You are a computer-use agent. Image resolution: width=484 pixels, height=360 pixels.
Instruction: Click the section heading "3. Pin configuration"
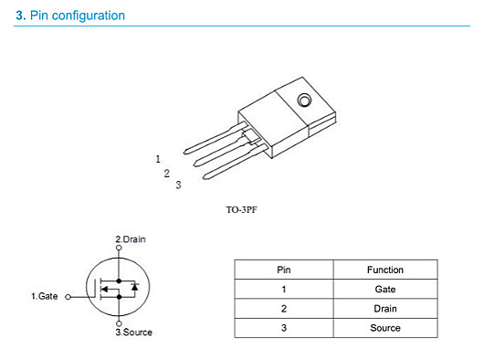[x=70, y=16]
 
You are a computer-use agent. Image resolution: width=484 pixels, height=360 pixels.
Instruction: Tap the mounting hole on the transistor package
[x=304, y=100]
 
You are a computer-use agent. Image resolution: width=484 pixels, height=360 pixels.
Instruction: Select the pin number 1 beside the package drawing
[x=158, y=159]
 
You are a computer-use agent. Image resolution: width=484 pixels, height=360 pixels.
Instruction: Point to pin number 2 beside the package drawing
[x=167, y=174]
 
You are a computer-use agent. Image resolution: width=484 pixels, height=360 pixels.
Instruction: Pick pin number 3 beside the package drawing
[x=178, y=185]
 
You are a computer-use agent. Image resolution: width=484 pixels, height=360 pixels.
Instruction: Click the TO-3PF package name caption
[x=241, y=210]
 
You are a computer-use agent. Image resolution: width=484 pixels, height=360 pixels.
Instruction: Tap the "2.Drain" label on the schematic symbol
[x=131, y=239]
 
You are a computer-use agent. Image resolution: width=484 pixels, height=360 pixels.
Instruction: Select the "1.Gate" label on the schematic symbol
[x=45, y=296]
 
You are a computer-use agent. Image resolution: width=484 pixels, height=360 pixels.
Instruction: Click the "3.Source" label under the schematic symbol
[x=134, y=333]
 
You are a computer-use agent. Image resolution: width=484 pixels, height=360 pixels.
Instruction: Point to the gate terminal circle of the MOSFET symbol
[x=68, y=297]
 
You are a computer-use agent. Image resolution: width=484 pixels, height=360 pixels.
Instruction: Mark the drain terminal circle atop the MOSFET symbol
[x=119, y=248]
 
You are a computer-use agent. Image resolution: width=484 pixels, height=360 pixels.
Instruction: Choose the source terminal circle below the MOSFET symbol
[x=119, y=323]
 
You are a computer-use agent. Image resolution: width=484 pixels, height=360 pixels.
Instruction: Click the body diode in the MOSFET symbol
[x=134, y=287]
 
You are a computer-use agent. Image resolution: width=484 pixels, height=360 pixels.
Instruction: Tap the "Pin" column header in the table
[x=284, y=270]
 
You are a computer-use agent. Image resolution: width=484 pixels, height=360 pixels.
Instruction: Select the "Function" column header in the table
[x=385, y=270]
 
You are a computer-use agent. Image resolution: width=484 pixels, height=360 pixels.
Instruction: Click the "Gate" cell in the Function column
[x=385, y=290]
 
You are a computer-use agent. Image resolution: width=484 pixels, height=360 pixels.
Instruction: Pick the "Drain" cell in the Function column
[x=385, y=309]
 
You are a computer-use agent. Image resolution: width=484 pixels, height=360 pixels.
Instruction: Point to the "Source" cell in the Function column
[x=385, y=328]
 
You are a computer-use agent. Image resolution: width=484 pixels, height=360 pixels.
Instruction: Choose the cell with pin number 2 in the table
[x=284, y=309]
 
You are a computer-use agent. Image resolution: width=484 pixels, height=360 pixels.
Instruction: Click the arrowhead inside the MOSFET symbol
[x=105, y=290]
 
